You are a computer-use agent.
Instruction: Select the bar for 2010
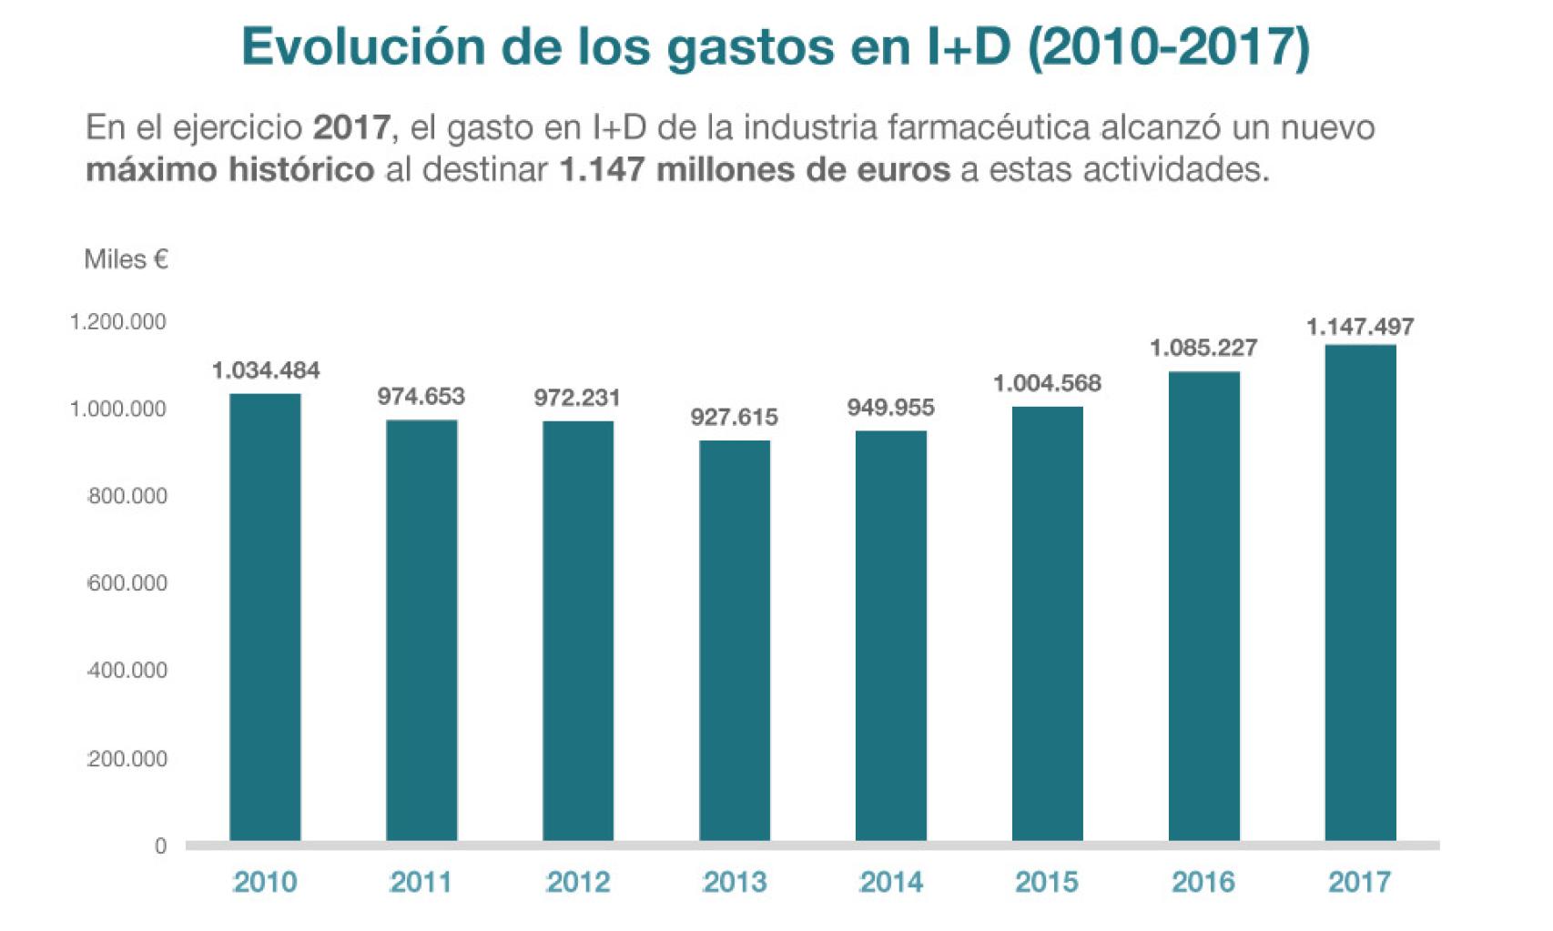(265, 616)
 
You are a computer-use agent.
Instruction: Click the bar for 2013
(735, 640)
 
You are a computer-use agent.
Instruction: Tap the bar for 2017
(1360, 592)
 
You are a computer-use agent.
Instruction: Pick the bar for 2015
(1047, 622)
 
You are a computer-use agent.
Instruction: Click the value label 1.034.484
(266, 370)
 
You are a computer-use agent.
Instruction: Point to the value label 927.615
(734, 418)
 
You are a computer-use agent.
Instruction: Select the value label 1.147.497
(1360, 327)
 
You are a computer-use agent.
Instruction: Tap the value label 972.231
(577, 398)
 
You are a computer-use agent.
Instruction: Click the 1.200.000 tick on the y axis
(118, 322)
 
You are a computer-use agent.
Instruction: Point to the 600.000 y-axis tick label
(127, 583)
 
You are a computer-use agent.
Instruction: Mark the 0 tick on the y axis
(160, 846)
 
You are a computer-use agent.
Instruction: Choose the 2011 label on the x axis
(421, 882)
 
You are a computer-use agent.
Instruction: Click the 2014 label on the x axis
(891, 882)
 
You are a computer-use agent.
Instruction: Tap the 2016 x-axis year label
(1203, 882)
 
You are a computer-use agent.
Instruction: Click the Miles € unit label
(126, 259)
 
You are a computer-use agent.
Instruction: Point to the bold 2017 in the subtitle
(351, 127)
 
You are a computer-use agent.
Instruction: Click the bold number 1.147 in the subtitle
(602, 169)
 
